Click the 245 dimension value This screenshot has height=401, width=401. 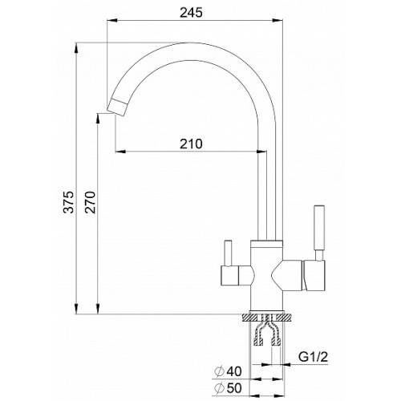click(191, 12)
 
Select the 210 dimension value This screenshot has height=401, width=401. click(191, 144)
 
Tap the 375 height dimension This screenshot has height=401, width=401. click(68, 202)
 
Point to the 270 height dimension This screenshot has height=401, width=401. click(90, 202)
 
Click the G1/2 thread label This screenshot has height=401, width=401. click(313, 356)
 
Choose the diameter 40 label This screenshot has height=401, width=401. click(228, 371)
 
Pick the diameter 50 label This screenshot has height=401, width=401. click(228, 388)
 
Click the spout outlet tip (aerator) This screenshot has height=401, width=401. click(118, 107)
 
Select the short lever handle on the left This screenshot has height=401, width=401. click(228, 253)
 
